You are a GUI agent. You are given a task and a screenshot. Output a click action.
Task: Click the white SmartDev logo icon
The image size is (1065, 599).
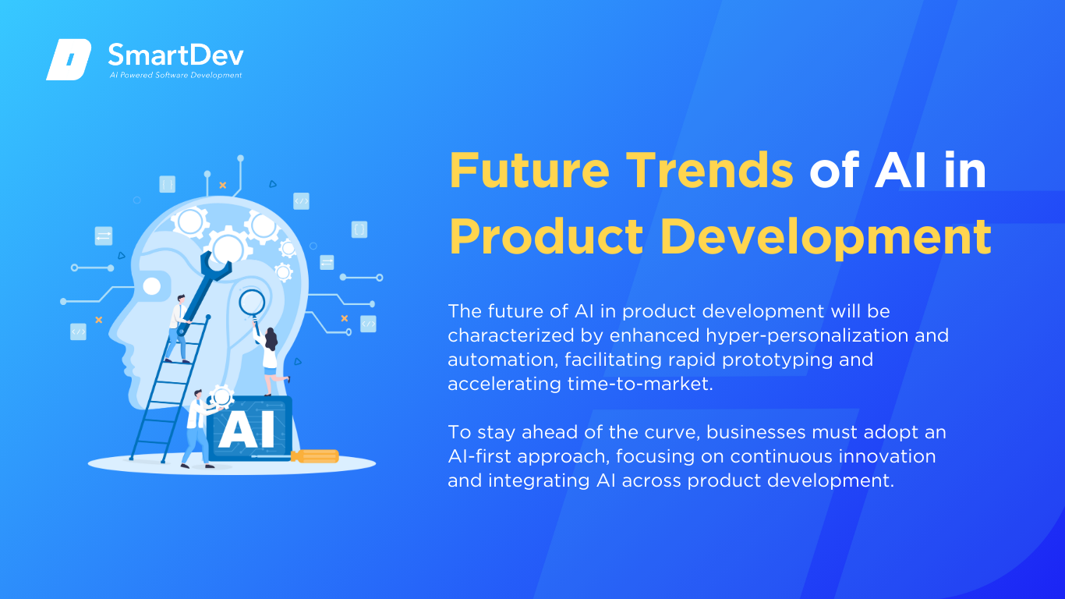(69, 59)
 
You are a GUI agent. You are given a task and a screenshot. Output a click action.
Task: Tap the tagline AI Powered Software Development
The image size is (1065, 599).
(176, 75)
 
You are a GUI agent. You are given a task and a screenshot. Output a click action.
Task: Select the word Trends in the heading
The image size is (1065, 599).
(709, 170)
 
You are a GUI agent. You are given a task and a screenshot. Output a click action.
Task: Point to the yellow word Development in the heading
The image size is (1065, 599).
(826, 236)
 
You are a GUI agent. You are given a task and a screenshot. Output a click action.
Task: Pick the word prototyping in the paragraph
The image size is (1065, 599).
(777, 360)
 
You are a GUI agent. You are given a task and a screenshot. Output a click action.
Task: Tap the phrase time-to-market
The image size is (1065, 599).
(640, 384)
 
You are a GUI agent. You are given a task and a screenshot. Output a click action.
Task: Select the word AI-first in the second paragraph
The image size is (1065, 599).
(479, 456)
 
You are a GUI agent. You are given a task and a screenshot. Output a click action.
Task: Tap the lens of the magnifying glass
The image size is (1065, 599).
(252, 302)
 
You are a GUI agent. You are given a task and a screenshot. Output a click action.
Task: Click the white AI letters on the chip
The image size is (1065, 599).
(246, 429)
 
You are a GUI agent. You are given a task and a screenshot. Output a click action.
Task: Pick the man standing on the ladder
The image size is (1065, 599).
(178, 329)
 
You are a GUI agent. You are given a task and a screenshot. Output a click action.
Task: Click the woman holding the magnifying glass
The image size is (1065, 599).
(269, 357)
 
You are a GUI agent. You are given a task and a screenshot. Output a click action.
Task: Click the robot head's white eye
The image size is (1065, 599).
(152, 286)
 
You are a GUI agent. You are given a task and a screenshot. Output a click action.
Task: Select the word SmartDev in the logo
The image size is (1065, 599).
(176, 55)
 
